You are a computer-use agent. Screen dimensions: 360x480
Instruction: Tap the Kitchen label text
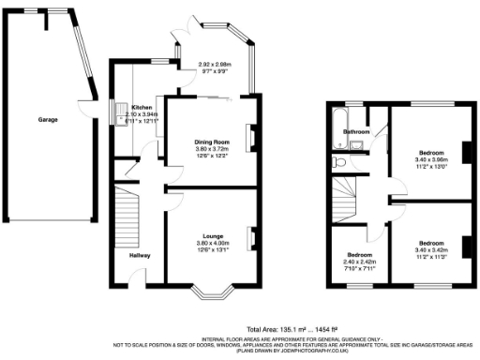pos(142,108)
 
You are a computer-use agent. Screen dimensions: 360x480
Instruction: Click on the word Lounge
pos(211,236)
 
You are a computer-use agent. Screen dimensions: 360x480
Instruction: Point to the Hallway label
pos(141,255)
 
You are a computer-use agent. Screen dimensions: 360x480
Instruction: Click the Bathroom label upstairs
pos(357,132)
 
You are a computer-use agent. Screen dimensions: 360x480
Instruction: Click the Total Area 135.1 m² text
pos(291,329)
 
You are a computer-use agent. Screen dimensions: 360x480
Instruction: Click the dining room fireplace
pos(250,139)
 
